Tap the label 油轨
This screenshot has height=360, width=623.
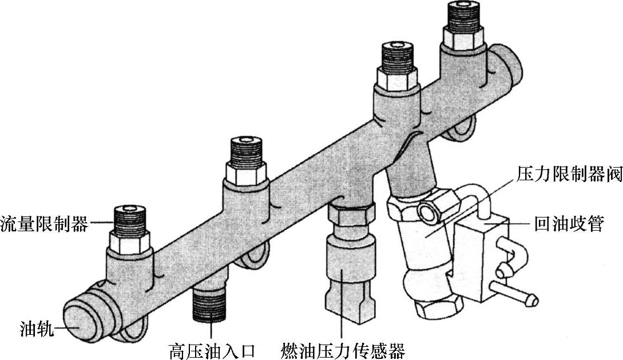pos(35,330)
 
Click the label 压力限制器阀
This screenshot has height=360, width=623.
pos(569,175)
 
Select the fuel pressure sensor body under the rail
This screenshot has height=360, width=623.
pos(342,269)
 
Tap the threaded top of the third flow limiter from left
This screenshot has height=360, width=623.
pos(397,58)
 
